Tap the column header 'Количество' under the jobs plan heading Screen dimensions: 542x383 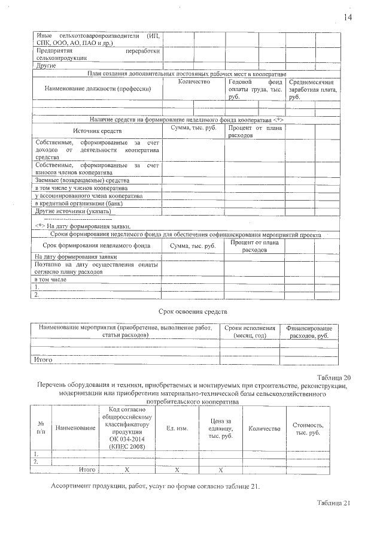click(194, 81)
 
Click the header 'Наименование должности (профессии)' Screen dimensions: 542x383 click(96, 89)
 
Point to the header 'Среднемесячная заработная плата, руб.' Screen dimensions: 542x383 click(313, 89)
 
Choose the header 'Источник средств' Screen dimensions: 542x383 click(96, 130)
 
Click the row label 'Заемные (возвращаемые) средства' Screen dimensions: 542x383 click(82, 180)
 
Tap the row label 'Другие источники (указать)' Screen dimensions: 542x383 click(73, 211)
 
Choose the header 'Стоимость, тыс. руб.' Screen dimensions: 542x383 click(308, 429)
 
